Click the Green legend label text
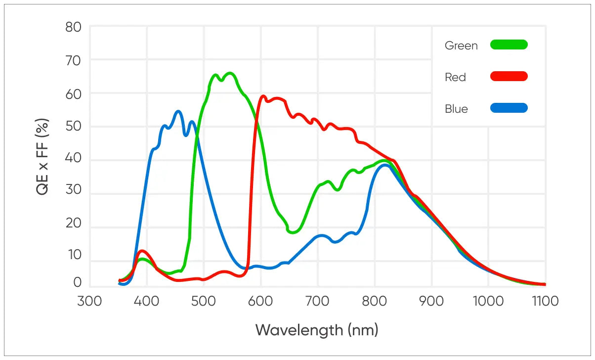click(461, 45)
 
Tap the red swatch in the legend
click(509, 76)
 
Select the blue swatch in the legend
click(509, 108)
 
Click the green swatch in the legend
click(509, 45)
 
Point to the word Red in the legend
click(455, 77)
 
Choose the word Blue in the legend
click(456, 109)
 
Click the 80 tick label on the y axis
click(74, 27)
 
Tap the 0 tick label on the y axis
click(78, 282)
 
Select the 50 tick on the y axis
click(74, 126)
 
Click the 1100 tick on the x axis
click(545, 301)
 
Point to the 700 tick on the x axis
click(318, 301)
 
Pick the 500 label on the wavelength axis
click(204, 301)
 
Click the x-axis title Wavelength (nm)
click(317, 329)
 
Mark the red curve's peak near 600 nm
click(263, 96)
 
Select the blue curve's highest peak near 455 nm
click(178, 111)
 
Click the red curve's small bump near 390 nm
click(142, 251)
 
